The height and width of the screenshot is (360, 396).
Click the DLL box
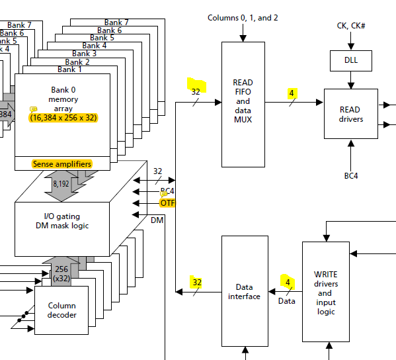[350, 61]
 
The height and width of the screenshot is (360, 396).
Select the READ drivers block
[350, 114]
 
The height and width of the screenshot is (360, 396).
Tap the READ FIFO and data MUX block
[243, 101]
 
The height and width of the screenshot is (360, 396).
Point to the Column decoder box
[61, 310]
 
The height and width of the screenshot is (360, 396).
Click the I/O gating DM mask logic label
[61, 221]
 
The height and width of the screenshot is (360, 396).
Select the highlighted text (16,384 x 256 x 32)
[63, 117]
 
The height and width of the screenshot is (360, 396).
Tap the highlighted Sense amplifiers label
[61, 163]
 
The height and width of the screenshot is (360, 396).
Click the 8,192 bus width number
[61, 184]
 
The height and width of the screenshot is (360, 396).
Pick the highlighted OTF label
[168, 203]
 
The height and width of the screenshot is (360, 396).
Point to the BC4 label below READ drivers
[350, 176]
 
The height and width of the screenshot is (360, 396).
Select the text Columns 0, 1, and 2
[243, 18]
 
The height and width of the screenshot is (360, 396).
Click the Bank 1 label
[70, 69]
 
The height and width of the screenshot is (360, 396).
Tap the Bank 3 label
[85, 54]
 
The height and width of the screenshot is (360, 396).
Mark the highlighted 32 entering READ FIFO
[196, 92]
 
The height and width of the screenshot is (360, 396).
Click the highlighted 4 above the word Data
[286, 282]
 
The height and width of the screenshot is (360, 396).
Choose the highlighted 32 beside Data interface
[196, 283]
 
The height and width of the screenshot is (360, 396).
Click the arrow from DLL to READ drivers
[350, 80]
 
